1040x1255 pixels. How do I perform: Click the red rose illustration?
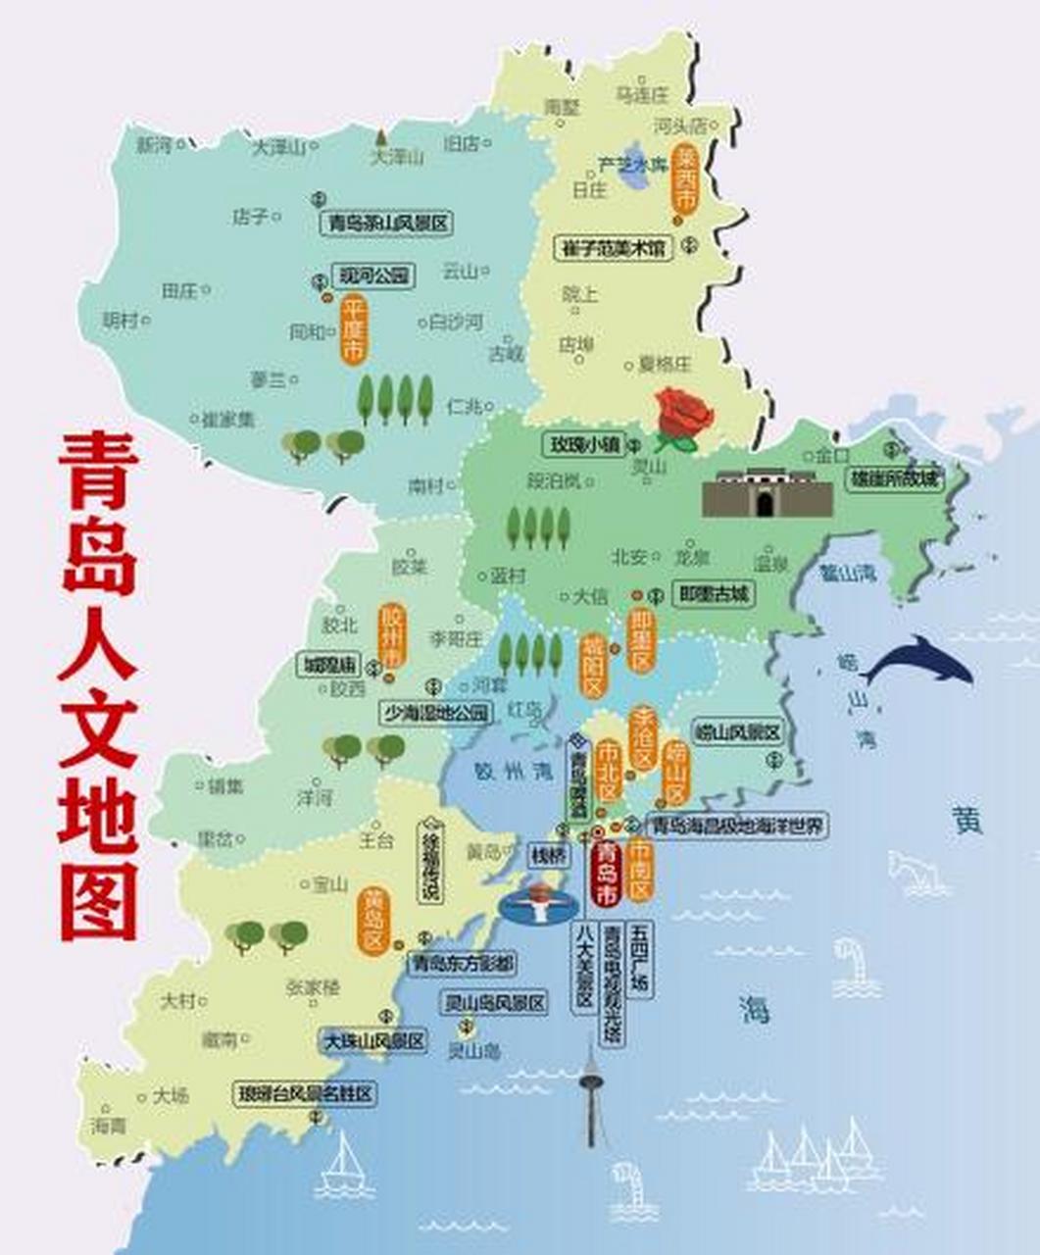click(684, 418)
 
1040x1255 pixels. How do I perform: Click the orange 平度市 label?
click(353, 330)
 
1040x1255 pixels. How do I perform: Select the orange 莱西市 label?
click(685, 178)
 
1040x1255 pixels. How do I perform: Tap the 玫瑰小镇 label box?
click(585, 444)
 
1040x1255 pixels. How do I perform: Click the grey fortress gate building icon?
click(767, 494)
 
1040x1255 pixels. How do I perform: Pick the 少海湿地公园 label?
click(436, 713)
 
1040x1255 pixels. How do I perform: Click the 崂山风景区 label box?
click(736, 732)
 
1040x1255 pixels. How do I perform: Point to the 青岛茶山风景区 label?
click(386, 224)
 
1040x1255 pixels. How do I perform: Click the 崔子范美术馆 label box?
click(614, 248)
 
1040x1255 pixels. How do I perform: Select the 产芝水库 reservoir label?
click(633, 164)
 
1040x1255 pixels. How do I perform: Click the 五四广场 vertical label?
click(641, 958)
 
